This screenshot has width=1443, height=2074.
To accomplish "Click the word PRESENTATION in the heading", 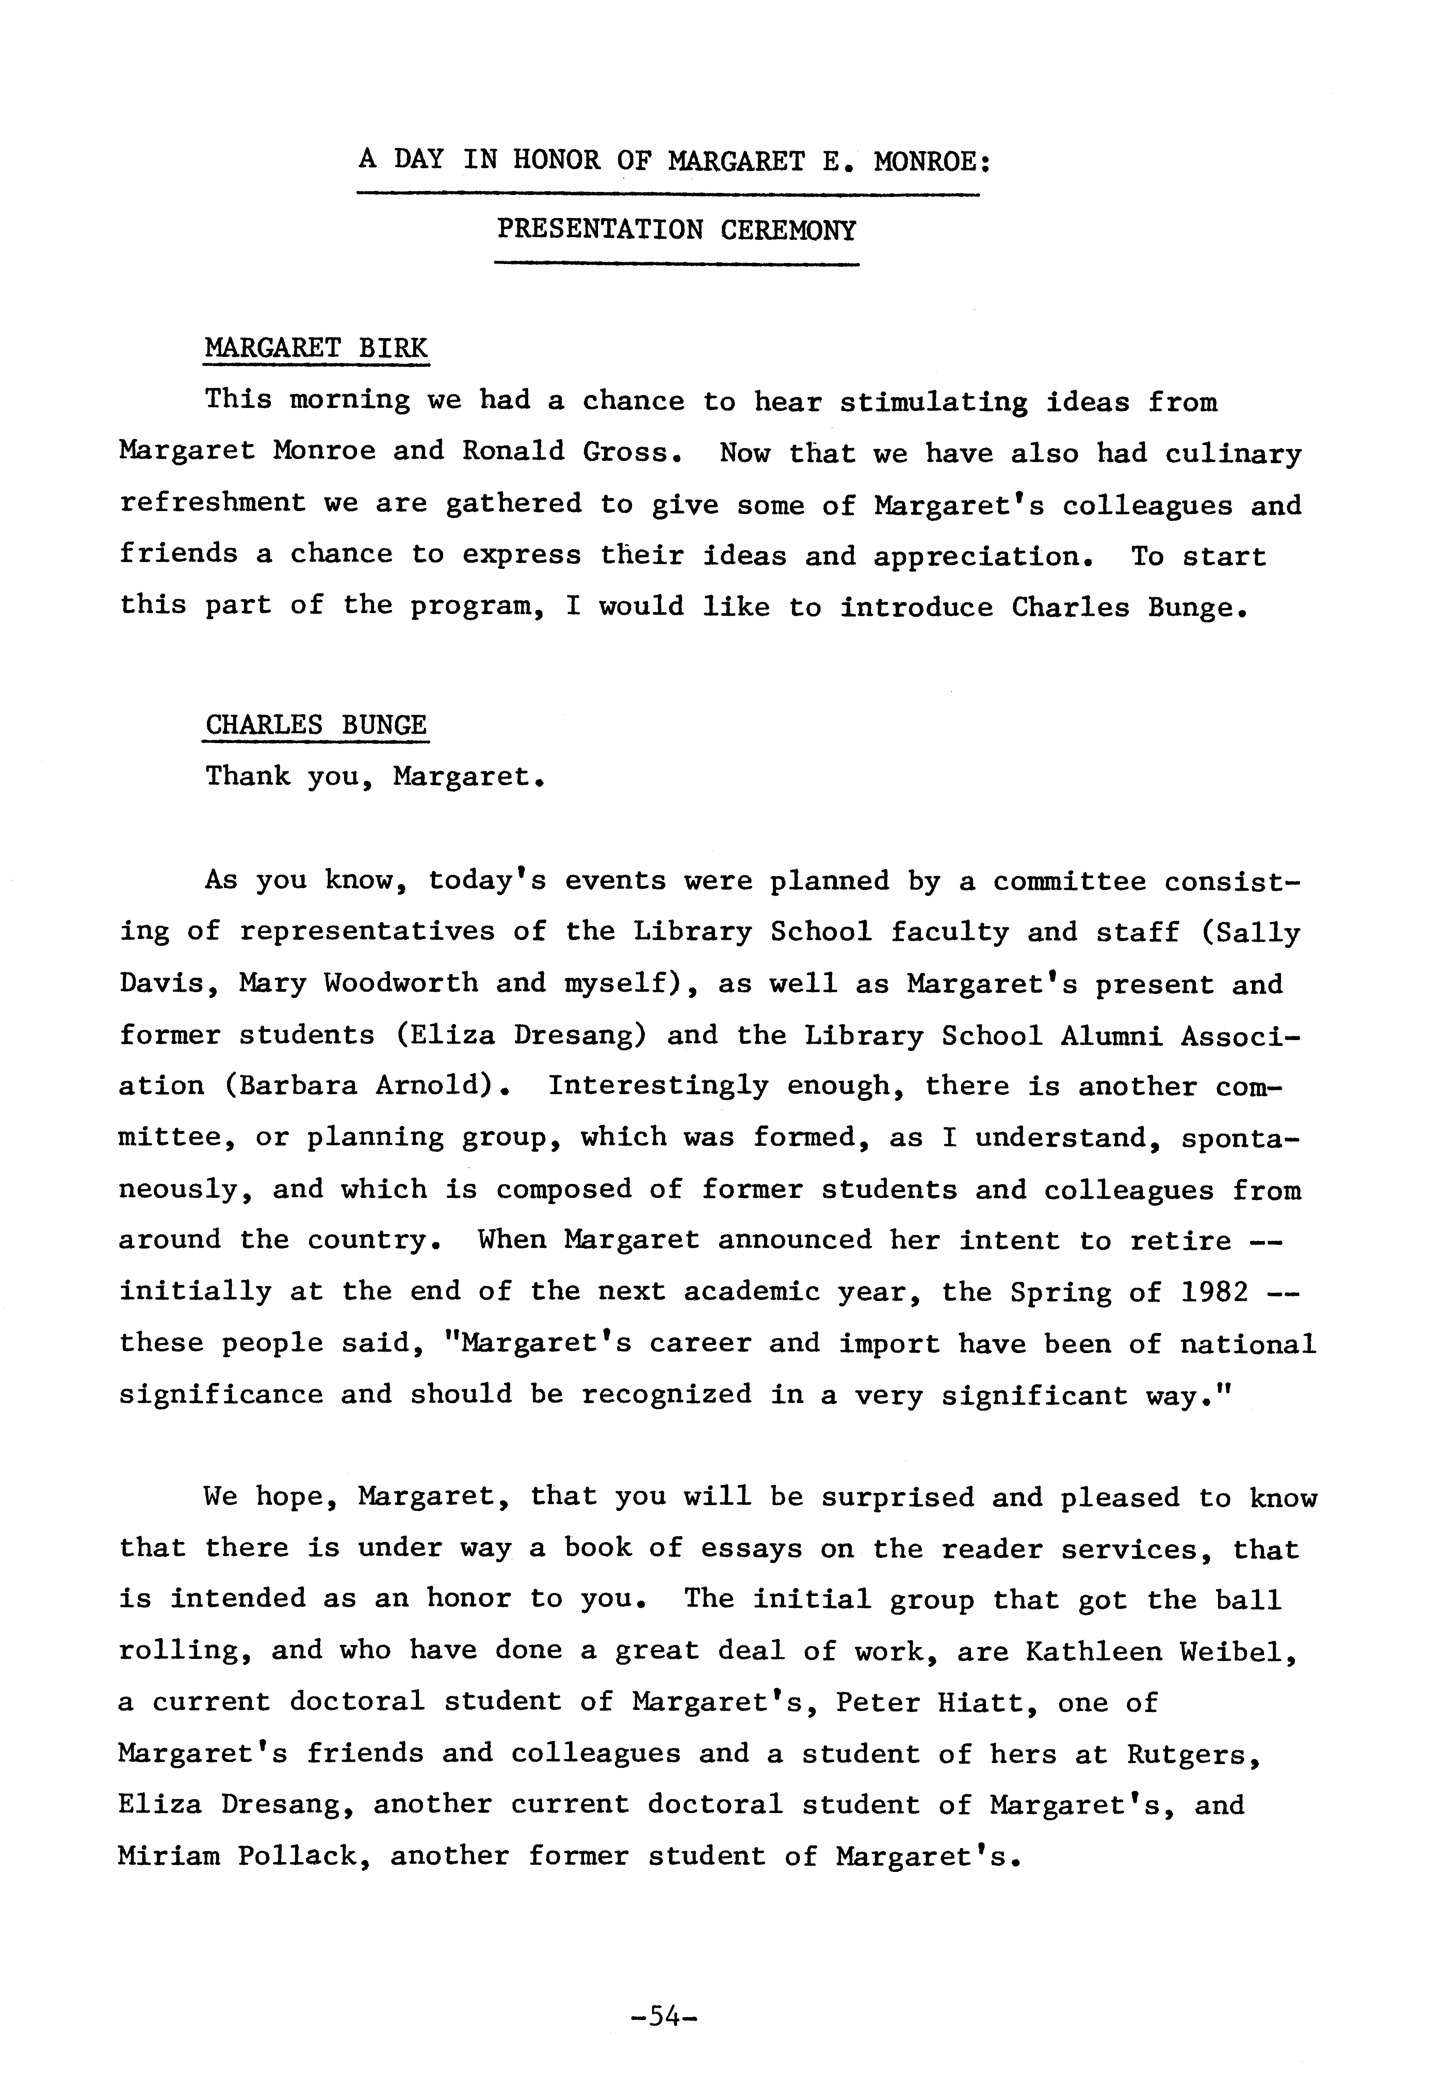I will (599, 230).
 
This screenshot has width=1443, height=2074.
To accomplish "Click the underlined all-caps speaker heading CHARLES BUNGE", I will (316, 724).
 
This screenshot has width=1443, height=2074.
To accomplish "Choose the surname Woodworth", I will (400, 983).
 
